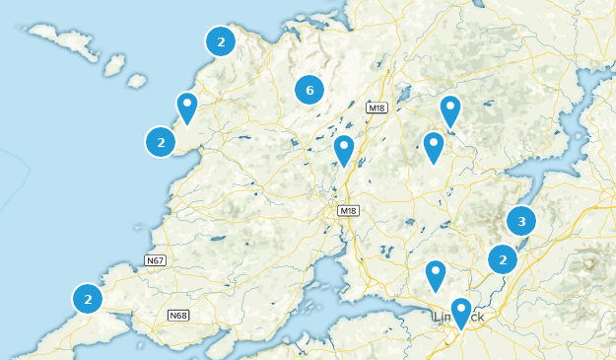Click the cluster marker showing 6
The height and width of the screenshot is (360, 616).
click(309, 91)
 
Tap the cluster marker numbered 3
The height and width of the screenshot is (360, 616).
click(521, 221)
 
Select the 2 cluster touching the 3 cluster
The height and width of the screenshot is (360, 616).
click(503, 260)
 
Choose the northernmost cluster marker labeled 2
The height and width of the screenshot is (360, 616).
click(221, 42)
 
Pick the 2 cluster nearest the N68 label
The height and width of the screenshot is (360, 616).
click(88, 298)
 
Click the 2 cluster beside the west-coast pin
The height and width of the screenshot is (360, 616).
click(161, 142)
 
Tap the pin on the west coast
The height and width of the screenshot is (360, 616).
click(186, 107)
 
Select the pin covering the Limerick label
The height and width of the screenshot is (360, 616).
click(460, 313)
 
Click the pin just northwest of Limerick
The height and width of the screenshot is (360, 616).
click(436, 275)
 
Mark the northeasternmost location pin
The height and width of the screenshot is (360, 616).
click(450, 110)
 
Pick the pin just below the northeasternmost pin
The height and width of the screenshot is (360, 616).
click(433, 147)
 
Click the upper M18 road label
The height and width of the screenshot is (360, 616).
click(376, 108)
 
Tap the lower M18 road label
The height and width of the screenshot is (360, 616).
click(349, 211)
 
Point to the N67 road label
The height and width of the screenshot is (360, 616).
click(155, 260)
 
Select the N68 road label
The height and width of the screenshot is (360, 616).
click(177, 316)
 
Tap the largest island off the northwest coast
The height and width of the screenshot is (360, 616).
click(63, 42)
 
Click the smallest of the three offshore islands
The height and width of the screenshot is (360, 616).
click(138, 80)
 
